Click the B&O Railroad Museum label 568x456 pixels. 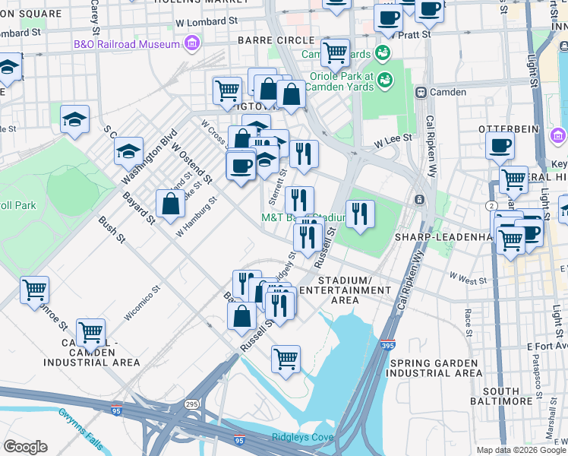click(127, 43)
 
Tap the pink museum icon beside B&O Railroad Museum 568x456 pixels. click(192, 43)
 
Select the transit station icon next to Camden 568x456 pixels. click(420, 92)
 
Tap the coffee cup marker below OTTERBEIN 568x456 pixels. click(500, 146)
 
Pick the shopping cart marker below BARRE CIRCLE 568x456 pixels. click(334, 53)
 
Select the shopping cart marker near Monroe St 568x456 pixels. click(34, 290)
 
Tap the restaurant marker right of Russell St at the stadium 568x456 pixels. click(359, 214)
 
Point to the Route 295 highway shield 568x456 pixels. click(188, 403)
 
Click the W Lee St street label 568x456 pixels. click(393, 138)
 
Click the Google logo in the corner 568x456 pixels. click(25, 446)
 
